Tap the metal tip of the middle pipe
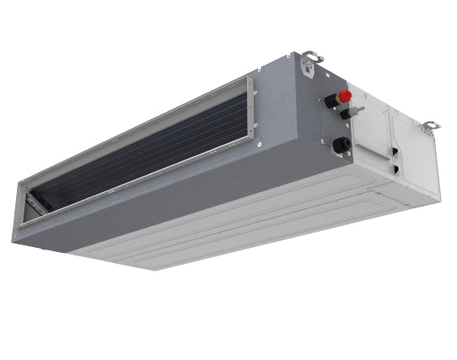[x=358, y=110]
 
